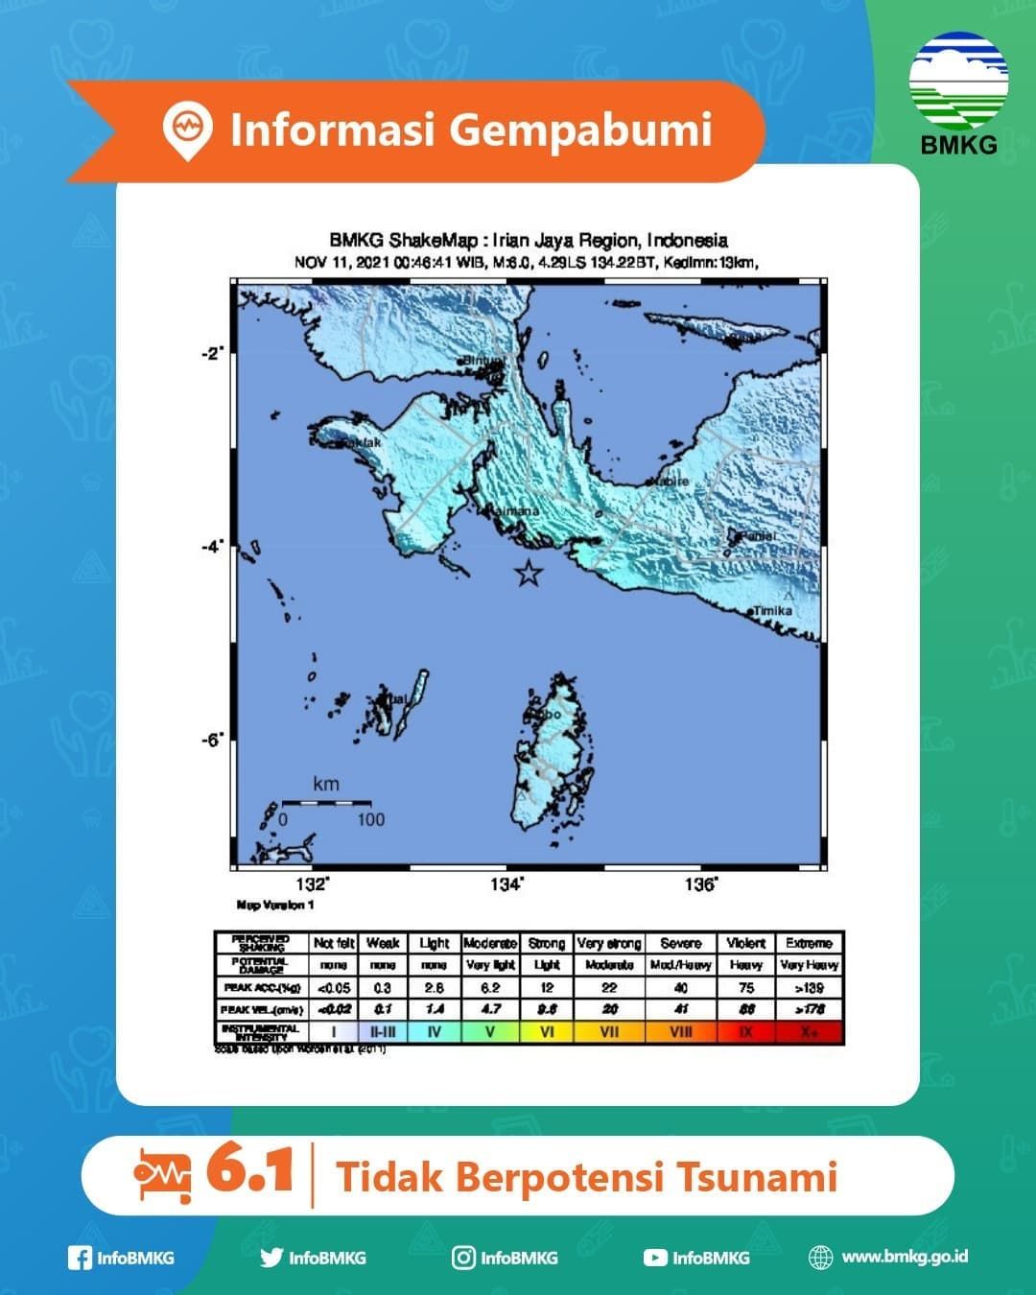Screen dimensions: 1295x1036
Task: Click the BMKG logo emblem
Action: click(958, 82)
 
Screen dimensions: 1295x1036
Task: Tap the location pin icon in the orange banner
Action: click(187, 129)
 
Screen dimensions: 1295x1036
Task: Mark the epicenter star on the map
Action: click(528, 574)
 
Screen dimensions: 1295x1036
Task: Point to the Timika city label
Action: click(772, 610)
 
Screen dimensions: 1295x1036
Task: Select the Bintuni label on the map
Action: click(484, 361)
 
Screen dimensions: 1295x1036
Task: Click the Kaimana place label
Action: click(515, 511)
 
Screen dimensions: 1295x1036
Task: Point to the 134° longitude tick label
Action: click(506, 884)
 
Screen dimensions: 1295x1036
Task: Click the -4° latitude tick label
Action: click(212, 547)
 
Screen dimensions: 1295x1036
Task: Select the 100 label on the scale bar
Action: click(370, 820)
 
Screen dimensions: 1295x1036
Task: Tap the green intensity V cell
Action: click(490, 1032)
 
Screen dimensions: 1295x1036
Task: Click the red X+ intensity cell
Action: click(810, 1032)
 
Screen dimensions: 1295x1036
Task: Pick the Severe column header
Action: click(681, 943)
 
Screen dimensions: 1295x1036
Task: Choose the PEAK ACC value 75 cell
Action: click(746, 987)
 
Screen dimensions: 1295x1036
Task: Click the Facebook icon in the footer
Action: click(80, 1258)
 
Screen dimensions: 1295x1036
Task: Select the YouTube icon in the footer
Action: click(655, 1258)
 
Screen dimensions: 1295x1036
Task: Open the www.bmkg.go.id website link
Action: click(904, 1257)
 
